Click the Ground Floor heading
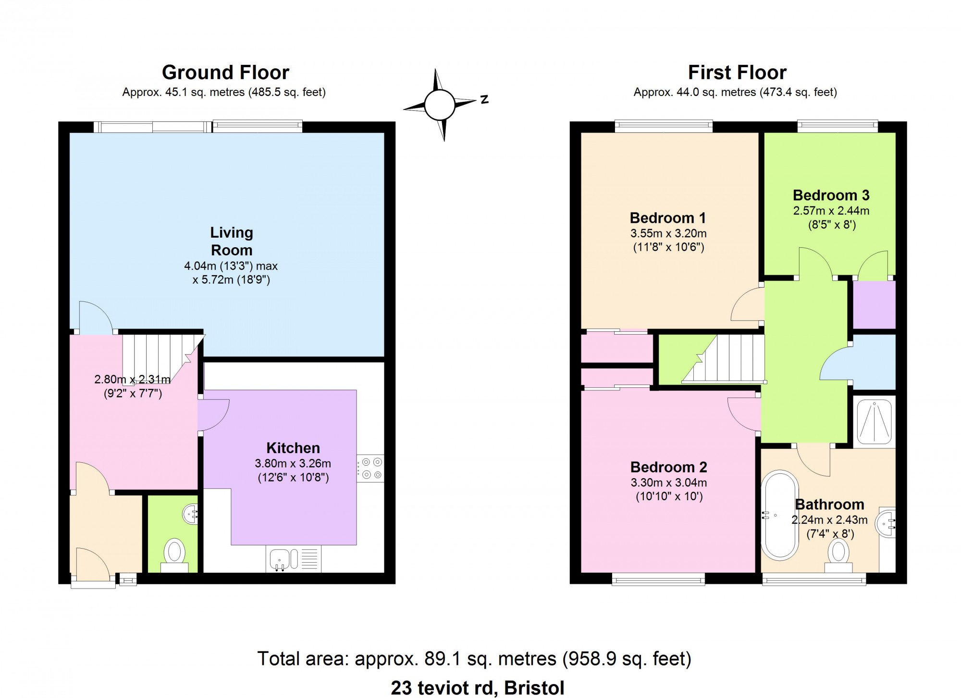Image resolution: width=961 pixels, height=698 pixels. [225, 72]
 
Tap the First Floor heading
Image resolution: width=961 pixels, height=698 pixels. [737, 72]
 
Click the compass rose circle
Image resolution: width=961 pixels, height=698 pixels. [439, 105]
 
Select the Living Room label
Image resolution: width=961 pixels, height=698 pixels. [232, 241]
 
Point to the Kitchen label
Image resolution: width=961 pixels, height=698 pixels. [293, 448]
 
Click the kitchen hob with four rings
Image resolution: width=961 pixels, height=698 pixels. [370, 468]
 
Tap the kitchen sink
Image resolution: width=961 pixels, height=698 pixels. [294, 559]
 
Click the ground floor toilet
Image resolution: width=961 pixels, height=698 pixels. [174, 555]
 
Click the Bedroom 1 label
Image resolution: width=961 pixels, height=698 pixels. [668, 218]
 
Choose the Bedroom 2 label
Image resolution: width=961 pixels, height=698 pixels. [669, 467]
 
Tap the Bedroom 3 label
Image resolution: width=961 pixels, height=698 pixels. [831, 195]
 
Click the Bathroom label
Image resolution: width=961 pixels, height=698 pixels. [830, 505]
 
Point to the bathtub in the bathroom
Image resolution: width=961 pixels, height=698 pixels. [779, 516]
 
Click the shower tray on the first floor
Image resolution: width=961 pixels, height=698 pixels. [875, 421]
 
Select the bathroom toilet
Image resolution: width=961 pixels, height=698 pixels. [838, 556]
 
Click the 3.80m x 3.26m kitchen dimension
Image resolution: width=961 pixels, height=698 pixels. [293, 464]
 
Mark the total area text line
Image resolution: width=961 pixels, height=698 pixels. [474, 659]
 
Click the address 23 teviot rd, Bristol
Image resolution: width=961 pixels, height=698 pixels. [478, 688]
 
